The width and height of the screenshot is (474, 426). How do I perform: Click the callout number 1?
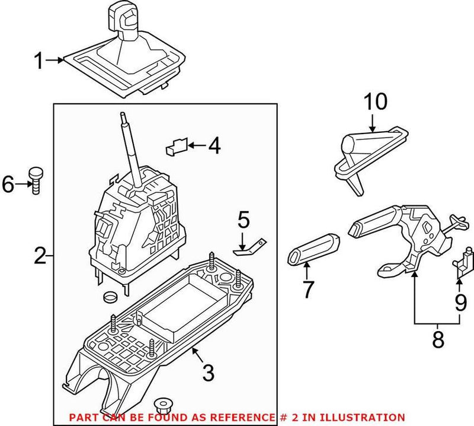pyautogui.click(x=39, y=61)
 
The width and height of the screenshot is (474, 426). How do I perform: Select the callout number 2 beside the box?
pyautogui.click(x=40, y=257)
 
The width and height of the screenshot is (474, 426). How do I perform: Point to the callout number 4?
pyautogui.click(x=214, y=145)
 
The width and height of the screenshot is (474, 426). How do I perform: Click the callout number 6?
pyautogui.click(x=9, y=185)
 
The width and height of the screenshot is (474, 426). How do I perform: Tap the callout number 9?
pyautogui.click(x=460, y=304)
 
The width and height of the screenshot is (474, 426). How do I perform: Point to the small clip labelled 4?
pyautogui.click(x=177, y=145)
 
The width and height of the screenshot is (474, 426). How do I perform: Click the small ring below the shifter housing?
pyautogui.click(x=110, y=296)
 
